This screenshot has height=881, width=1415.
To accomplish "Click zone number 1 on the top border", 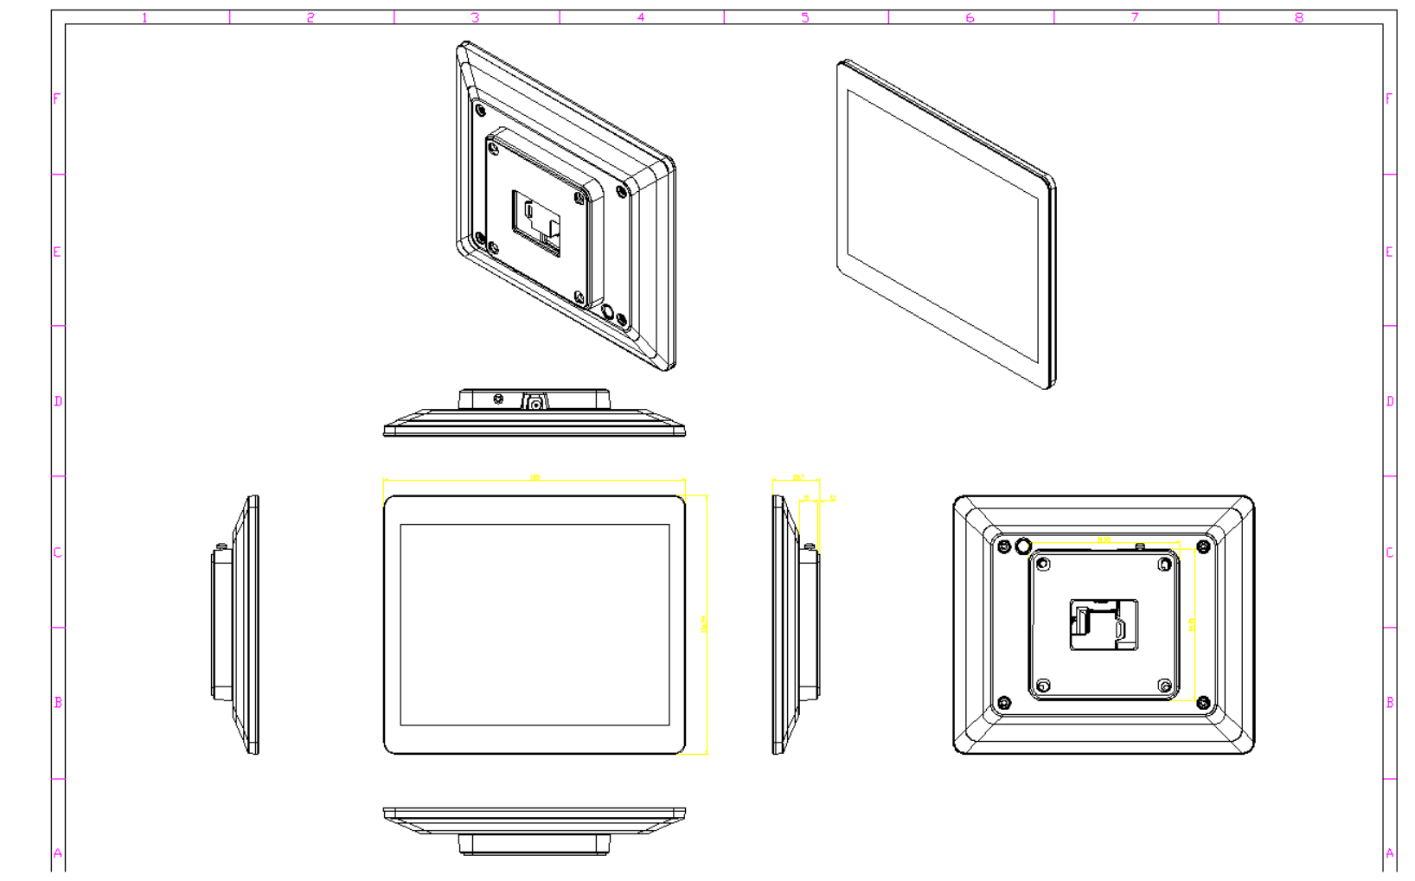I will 144,17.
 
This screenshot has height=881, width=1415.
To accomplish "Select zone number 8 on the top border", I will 1298,17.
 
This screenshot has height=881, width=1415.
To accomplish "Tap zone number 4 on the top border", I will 640,17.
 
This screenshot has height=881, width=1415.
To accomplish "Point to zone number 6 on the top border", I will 970,17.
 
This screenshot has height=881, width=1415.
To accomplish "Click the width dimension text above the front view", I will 535,477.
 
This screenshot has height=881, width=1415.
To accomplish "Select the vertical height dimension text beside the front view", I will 703,623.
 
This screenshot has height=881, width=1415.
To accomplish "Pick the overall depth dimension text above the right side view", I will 797,477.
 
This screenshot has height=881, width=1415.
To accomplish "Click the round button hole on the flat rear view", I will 1023,546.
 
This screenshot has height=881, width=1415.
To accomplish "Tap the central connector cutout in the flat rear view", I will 1103,624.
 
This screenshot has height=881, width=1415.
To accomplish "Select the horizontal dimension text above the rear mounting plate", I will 1104,540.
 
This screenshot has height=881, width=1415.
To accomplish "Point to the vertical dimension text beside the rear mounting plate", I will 1192,624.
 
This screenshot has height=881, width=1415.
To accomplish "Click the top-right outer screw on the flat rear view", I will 1202,547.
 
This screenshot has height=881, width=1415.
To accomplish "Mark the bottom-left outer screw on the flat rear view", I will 1004,703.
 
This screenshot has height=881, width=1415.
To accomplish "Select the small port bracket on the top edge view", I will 535,403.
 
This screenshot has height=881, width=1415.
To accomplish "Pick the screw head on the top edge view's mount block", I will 497,399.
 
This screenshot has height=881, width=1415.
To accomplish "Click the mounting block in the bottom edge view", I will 534,844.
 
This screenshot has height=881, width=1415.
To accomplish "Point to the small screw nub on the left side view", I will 221,546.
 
